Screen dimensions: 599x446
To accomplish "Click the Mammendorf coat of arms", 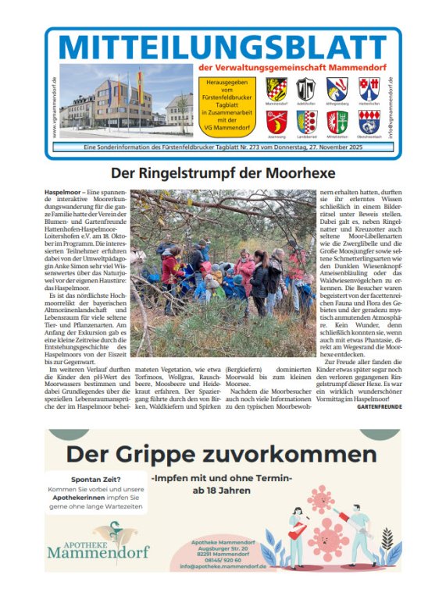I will click(x=277, y=88).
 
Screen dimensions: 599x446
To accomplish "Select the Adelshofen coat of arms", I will click(x=306, y=88).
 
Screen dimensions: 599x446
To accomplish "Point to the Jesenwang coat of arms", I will click(x=277, y=120).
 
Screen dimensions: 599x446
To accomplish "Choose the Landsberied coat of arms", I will click(x=306, y=120).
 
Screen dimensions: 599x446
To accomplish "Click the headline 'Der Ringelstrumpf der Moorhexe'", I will click(x=223, y=171).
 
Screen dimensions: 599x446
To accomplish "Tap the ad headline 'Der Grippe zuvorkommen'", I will click(x=221, y=454).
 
